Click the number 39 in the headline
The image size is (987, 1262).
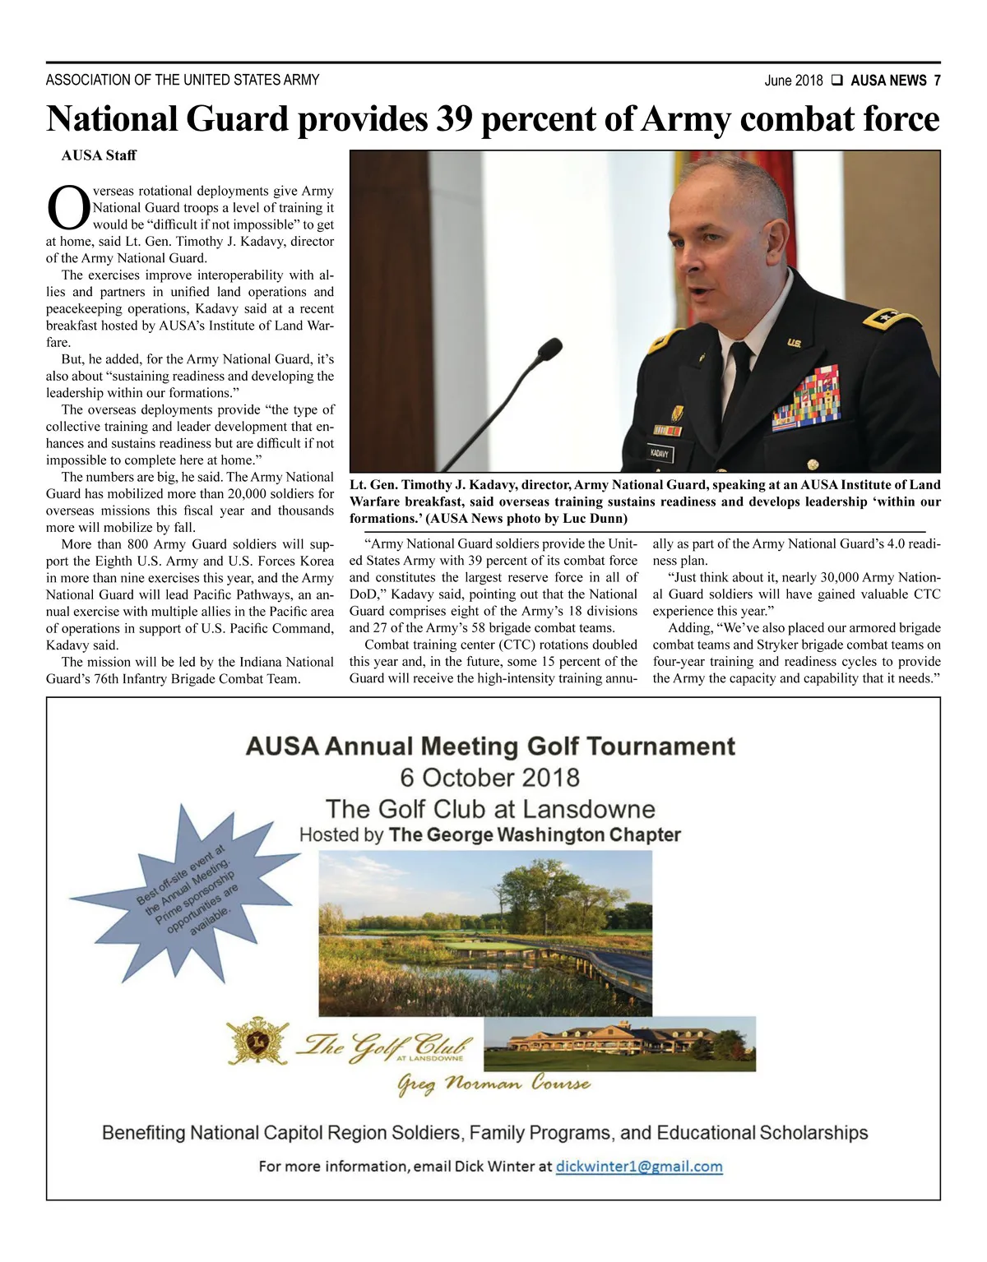click(x=453, y=119)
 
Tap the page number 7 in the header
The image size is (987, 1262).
click(x=937, y=81)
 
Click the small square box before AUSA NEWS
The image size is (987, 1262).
click(x=836, y=81)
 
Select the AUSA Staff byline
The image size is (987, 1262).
click(x=99, y=155)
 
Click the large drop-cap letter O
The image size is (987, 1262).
click(x=68, y=208)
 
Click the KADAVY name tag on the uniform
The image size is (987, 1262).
click(x=660, y=453)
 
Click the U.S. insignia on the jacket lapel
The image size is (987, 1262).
click(x=794, y=342)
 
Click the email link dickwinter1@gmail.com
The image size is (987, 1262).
click(x=639, y=1167)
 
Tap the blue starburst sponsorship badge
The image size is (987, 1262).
click(x=188, y=890)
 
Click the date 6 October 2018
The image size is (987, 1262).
click(x=489, y=778)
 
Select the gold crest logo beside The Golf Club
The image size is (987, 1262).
click(x=257, y=1042)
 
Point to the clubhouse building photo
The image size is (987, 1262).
click(x=619, y=1043)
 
